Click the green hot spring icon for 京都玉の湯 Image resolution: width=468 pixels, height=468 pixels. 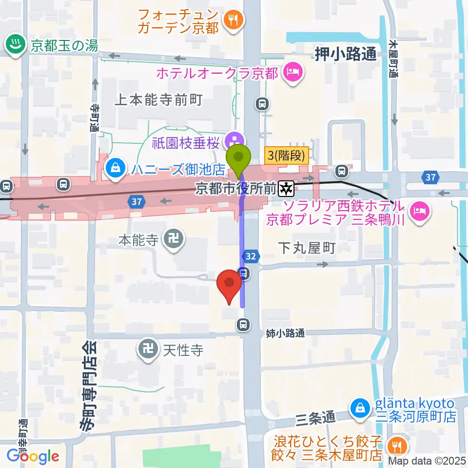[x=15, y=45]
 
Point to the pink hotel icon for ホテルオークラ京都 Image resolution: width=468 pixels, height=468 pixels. [x=292, y=73]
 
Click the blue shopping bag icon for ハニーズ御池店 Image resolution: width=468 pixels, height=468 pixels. [x=116, y=169]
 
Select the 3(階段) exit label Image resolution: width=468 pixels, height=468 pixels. [x=286, y=156]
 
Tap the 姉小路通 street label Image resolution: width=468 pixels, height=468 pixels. [x=285, y=333]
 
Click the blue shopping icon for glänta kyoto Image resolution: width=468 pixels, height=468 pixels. [x=360, y=406]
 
